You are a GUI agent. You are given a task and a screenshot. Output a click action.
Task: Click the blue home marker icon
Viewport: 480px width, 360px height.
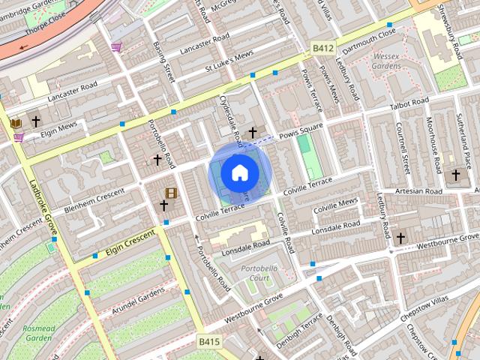click(239, 172)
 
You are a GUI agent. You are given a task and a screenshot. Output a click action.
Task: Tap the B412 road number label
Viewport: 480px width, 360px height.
click(322, 49)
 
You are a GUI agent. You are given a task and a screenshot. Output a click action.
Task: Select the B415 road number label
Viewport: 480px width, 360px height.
click(210, 342)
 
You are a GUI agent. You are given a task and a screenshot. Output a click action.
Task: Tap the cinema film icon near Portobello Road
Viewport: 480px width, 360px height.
click(171, 193)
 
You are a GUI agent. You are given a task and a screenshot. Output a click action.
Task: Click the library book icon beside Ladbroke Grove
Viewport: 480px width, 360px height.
click(16, 122)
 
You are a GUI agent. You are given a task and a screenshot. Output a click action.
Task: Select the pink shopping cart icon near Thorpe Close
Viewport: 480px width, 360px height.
click(116, 47)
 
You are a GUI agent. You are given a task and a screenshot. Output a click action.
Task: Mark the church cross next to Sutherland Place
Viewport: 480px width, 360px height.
click(455, 175)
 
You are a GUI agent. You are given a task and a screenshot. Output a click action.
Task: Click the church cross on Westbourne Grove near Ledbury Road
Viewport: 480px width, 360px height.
click(400, 238)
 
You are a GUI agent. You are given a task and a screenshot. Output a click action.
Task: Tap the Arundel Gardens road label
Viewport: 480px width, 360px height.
click(138, 301)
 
